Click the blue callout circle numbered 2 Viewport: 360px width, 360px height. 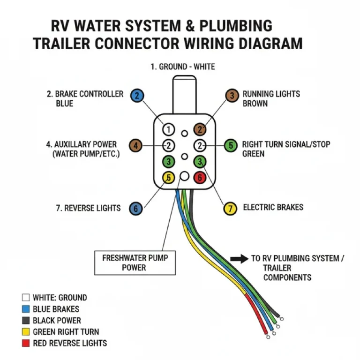coord(137,96)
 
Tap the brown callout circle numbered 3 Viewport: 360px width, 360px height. coord(232,96)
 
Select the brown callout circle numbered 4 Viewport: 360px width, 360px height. coord(135,146)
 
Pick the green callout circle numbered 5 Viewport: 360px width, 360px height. coord(230,145)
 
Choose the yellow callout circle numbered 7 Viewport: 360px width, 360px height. coord(230,209)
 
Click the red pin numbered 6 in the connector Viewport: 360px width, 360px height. coord(200,178)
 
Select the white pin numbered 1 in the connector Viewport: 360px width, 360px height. coord(169,129)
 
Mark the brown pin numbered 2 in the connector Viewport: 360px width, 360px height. coord(200,129)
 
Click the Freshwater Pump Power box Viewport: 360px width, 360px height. coord(135,262)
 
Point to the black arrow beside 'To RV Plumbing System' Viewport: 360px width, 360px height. coord(239,258)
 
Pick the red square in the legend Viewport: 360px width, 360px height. coord(26,343)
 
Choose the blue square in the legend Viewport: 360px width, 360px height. coord(26,309)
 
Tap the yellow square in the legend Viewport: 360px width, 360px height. coord(26,332)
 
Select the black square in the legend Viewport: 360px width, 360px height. coord(26,321)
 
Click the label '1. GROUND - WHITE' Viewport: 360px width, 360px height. coord(183,67)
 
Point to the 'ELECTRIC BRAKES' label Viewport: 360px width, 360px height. coord(273,207)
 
